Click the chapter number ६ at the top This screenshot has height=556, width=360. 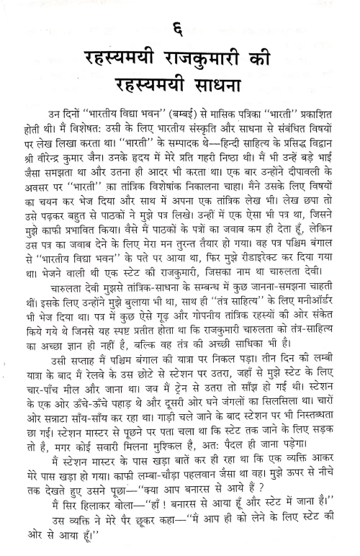pos(180,32)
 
